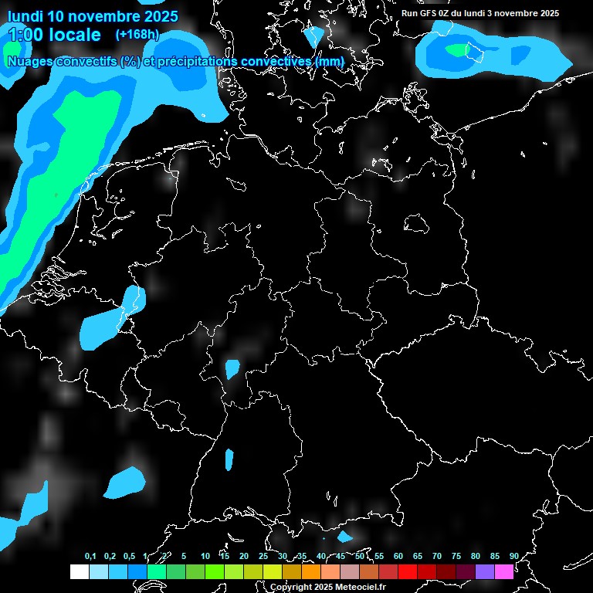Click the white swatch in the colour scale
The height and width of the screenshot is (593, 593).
[79, 571]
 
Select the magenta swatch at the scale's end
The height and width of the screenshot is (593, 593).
[504, 571]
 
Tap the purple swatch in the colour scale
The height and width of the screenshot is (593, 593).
[485, 571]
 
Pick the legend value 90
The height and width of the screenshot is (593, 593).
[513, 557]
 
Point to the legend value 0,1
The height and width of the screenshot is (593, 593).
[90, 557]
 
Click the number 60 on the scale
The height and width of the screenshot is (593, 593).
[398, 557]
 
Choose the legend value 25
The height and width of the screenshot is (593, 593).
[263, 557]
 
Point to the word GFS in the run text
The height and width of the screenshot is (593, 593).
[429, 13]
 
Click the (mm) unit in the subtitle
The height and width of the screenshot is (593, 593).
[330, 61]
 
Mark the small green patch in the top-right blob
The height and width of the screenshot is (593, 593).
[457, 50]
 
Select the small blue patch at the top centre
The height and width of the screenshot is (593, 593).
[313, 37]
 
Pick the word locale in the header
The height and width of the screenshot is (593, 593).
[73, 35]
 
